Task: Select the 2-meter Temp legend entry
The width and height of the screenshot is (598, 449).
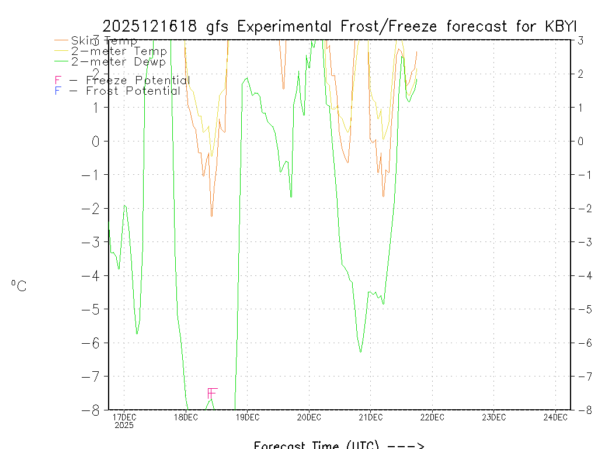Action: (119, 51)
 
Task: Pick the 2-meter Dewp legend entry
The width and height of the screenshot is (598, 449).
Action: (119, 61)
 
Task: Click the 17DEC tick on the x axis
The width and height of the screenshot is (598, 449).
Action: (124, 417)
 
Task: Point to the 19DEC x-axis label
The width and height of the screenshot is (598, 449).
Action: (247, 417)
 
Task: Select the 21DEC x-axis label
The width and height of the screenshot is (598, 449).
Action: (370, 417)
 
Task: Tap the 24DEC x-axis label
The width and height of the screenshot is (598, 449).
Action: (555, 417)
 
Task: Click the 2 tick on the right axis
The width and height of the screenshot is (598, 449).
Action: (580, 74)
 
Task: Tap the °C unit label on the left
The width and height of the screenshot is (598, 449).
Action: (19, 286)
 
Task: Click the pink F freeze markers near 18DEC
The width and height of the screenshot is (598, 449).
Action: (212, 393)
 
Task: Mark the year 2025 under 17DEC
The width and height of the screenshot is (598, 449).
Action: (124, 425)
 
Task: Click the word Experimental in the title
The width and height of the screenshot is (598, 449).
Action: (285, 26)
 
